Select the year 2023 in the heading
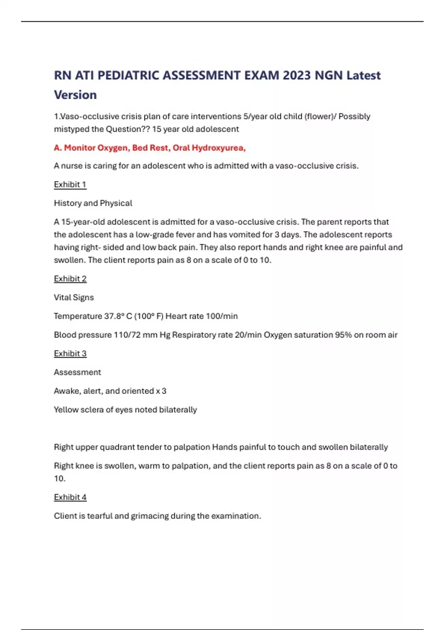pos(297,75)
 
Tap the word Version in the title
pos(75,95)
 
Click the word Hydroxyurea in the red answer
pos(218,148)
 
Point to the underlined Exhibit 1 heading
pos(70,185)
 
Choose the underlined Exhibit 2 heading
pos(70,279)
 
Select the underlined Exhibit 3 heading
pos(70,354)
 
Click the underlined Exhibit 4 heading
pos(70,497)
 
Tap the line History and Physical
pos(93,203)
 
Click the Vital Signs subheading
pos(74,297)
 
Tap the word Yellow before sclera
pos(65,409)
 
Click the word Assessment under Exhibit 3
pos(78,372)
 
